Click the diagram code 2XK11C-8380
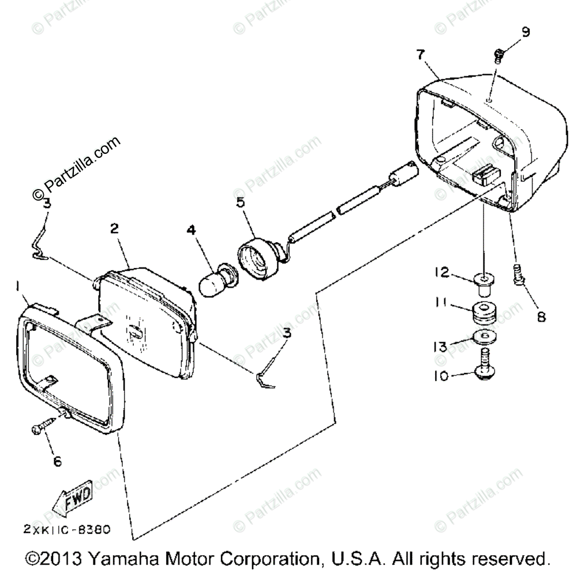(x=67, y=529)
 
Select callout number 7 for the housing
(x=419, y=55)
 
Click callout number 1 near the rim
(x=18, y=285)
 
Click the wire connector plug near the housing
(x=402, y=174)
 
